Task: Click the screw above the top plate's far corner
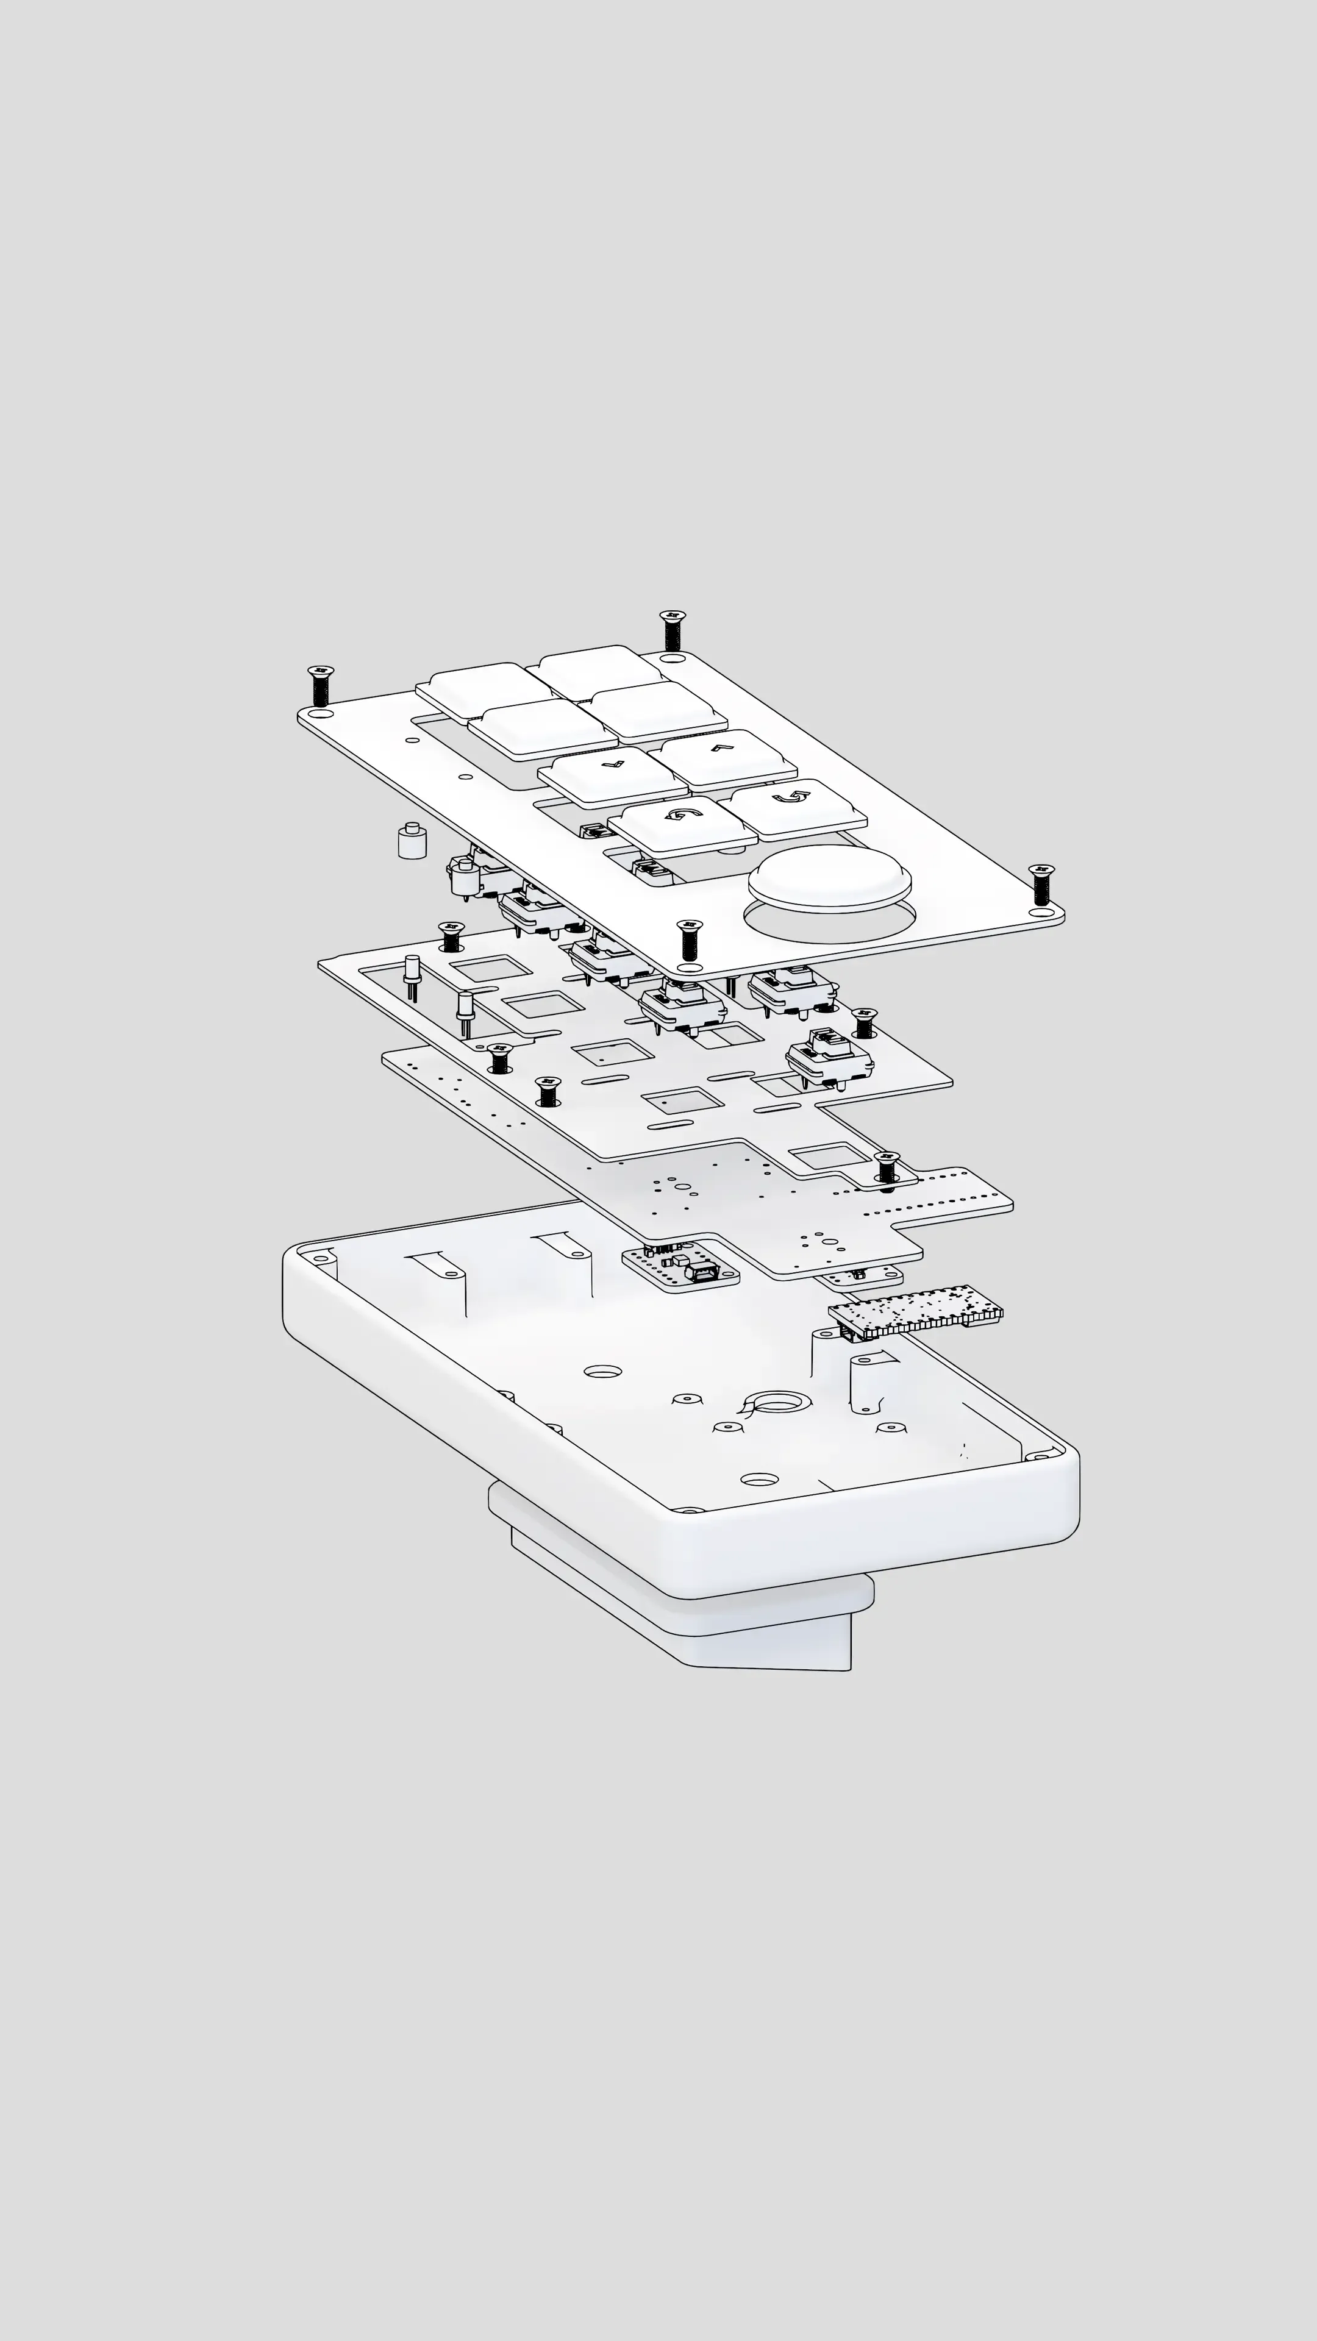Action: [672, 628]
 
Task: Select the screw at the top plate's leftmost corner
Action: [320, 684]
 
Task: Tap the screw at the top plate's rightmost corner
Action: [1041, 883]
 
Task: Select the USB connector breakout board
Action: [681, 1267]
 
